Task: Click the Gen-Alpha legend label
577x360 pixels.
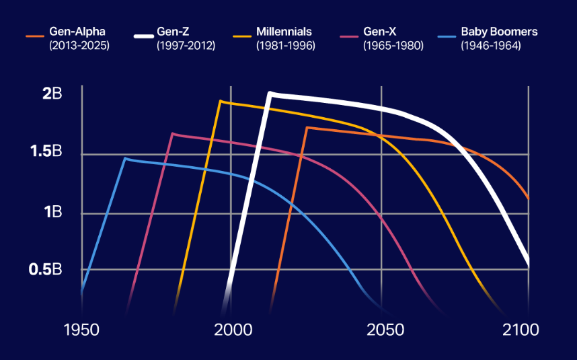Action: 77,32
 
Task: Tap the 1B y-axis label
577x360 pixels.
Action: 53,212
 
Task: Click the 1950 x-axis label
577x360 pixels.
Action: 81,330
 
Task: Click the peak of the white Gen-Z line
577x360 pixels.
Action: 270,94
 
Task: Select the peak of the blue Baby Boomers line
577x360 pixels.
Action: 124,158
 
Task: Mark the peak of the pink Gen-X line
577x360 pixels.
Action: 173,133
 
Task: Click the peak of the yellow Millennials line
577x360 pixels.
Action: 220,101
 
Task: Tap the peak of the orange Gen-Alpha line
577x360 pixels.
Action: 307,127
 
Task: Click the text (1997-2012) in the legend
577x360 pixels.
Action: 186,46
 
